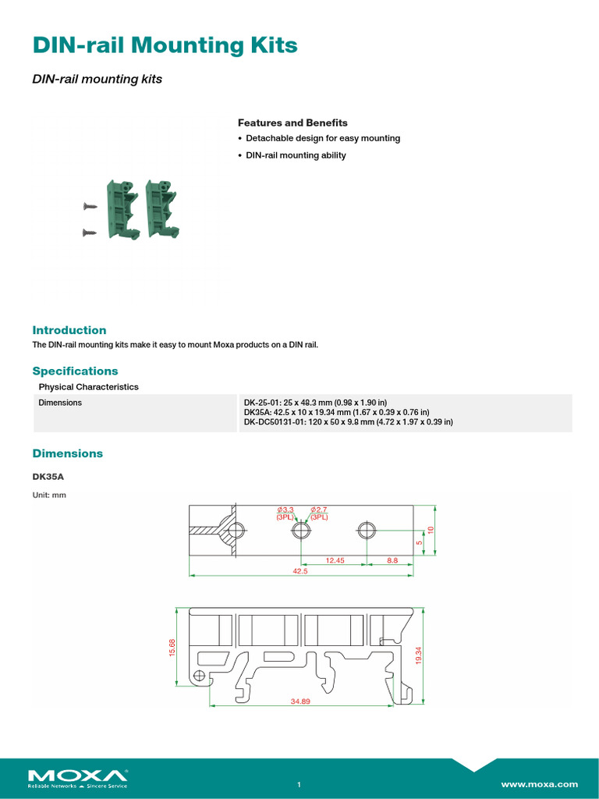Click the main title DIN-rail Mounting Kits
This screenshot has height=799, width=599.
click(165, 46)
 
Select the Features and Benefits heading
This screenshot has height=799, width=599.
click(292, 123)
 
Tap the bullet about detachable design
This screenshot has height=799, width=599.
click(322, 138)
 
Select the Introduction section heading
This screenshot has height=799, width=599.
click(69, 330)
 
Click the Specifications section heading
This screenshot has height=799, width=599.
click(75, 371)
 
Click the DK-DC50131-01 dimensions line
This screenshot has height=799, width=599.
click(348, 421)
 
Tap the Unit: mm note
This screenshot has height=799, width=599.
click(48, 495)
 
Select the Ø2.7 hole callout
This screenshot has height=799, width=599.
click(320, 510)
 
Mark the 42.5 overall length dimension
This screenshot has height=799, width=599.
click(301, 571)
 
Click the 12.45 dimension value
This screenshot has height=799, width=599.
click(335, 559)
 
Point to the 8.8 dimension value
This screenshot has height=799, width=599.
click(392, 559)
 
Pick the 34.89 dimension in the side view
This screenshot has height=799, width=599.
click(300, 701)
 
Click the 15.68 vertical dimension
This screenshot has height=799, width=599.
click(172, 647)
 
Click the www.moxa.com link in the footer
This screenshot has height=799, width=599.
click(539, 783)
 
